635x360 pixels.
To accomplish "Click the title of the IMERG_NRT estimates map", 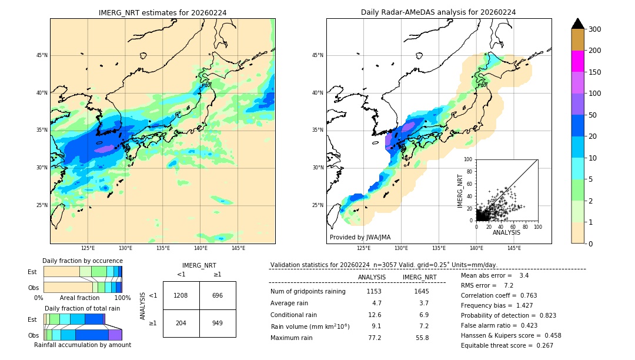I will [162, 12].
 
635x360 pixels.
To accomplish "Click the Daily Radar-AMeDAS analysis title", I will [438, 12].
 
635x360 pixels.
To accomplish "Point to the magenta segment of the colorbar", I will [577, 61].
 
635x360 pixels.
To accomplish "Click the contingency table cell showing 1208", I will [181, 295].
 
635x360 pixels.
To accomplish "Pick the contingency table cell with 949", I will [218, 323].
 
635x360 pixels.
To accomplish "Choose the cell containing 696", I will [218, 295].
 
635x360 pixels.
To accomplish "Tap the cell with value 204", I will [181, 323].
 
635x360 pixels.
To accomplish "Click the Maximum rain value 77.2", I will [375, 338].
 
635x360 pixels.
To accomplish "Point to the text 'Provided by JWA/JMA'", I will [360, 238].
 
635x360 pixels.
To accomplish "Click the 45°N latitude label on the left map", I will [42, 55].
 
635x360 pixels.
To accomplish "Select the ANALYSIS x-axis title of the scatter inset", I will [506, 232].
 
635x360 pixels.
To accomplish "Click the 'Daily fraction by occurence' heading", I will [82, 261].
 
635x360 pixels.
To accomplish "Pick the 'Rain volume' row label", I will [310, 326].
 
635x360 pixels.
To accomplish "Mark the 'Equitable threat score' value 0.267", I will [543, 345].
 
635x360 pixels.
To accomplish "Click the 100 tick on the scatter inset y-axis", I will [469, 159].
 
